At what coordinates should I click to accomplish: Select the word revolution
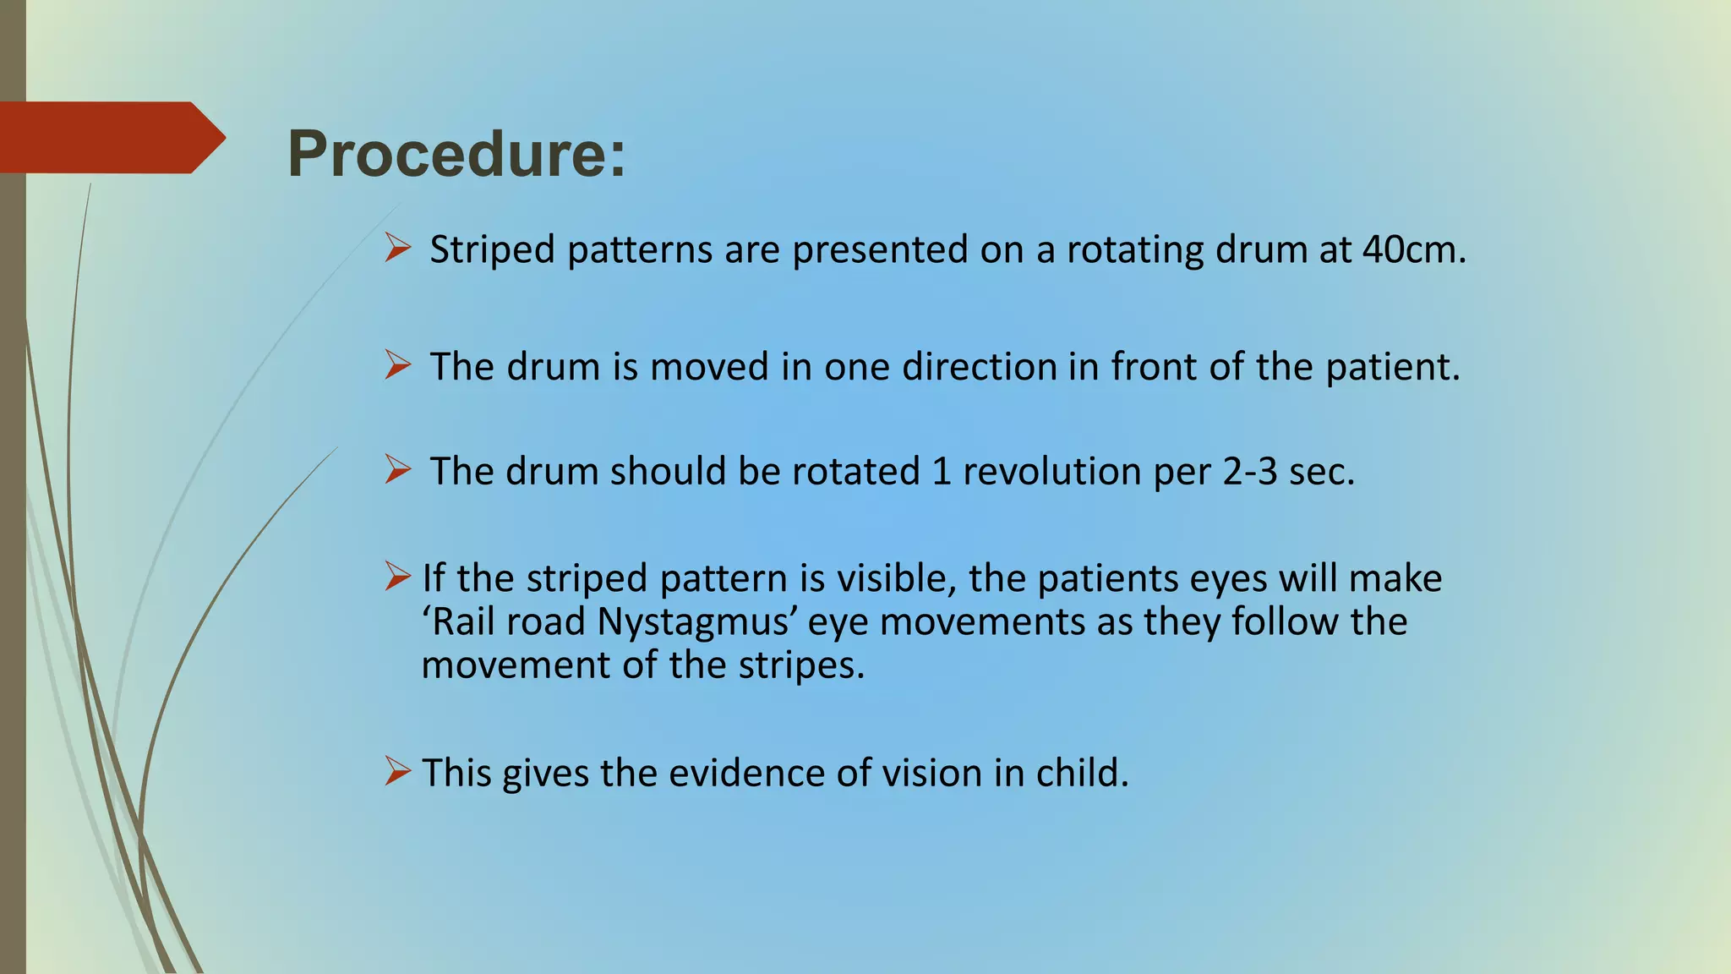pyautogui.click(x=1051, y=472)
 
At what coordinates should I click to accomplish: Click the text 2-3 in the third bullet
pyautogui.click(x=1249, y=472)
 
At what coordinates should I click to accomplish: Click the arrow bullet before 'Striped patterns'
pyautogui.click(x=397, y=249)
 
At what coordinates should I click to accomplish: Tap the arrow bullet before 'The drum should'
pyautogui.click(x=397, y=469)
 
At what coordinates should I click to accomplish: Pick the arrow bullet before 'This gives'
pyautogui.click(x=397, y=770)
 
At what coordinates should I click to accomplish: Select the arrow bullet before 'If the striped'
pyautogui.click(x=397, y=577)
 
